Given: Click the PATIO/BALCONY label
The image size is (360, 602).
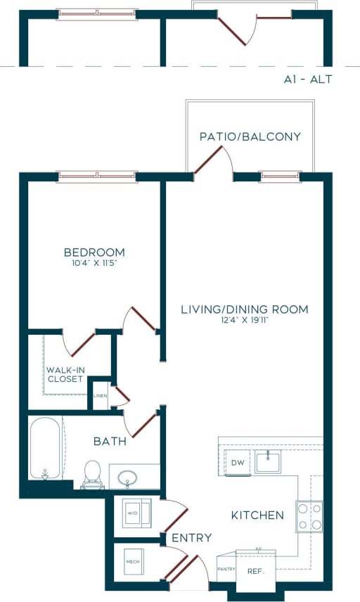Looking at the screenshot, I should pos(250,136).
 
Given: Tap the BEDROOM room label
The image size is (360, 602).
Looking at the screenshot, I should pos(94,252).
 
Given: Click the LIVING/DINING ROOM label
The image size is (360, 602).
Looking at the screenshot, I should pos(245,309).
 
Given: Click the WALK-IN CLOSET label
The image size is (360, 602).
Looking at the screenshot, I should pos(65,374).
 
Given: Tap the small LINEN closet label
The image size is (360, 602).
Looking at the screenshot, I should pos(100,395).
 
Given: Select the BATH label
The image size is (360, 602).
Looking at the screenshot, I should pos(110,442).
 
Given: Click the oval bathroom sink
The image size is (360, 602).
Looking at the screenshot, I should pos(127,479).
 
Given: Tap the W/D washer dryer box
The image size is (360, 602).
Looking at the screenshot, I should pos(134,513).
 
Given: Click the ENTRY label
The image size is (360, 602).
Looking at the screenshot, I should pos(191,538).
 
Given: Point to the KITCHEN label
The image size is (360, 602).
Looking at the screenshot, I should pos(257,515).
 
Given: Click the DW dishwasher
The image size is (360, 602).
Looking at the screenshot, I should pos(236,463).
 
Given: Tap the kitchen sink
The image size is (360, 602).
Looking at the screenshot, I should pos(269,462).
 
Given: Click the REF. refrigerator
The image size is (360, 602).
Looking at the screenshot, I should pos(255,571).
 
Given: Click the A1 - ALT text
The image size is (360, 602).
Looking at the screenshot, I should pos(304,79).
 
